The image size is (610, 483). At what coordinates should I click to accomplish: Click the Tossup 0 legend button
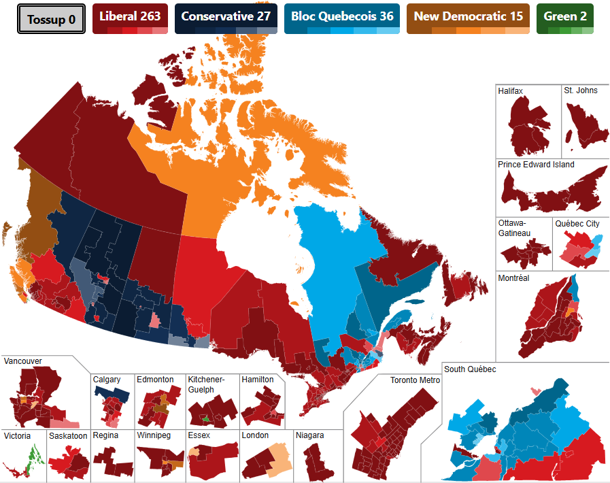tap(51, 19)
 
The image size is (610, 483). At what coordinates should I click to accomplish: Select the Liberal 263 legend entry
tap(130, 17)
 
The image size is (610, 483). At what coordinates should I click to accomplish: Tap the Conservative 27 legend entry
tap(226, 17)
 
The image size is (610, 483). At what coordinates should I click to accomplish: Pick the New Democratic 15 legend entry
tap(468, 17)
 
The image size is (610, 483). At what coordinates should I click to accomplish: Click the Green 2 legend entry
tap(564, 17)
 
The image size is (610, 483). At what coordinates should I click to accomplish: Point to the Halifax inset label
tap(511, 90)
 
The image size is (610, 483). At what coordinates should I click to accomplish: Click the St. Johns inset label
tap(581, 90)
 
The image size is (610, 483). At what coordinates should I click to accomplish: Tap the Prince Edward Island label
tap(536, 165)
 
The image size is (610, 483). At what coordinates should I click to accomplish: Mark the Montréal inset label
tap(513, 278)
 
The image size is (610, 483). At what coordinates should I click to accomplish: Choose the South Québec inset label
tap(470, 369)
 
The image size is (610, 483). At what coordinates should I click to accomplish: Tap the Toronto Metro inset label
tap(415, 380)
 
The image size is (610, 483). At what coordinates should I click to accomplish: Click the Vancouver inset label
tap(22, 361)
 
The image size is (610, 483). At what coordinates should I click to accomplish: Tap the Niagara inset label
tap(309, 435)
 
